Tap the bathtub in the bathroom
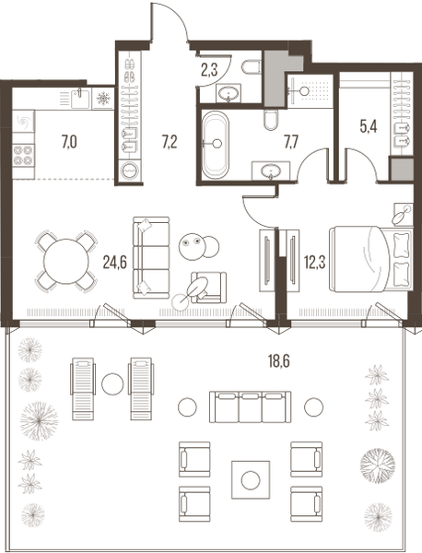220,146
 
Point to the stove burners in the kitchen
23,158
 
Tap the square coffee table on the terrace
251,478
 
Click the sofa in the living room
150,256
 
